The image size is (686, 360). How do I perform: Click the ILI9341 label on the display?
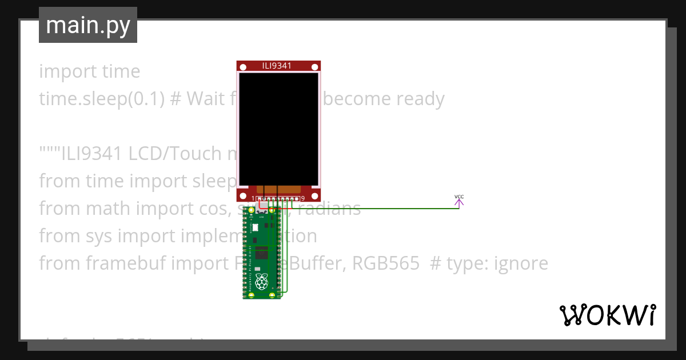pyautogui.click(x=277, y=66)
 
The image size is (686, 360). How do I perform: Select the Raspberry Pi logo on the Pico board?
pyautogui.click(x=262, y=281)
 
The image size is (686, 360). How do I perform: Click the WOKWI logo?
pyautogui.click(x=607, y=315)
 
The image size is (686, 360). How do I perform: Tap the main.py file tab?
pyautogui.click(x=88, y=25)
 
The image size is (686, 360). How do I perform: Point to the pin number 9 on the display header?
pyautogui.click(x=302, y=199)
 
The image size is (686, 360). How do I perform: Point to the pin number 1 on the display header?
pyautogui.click(x=253, y=199)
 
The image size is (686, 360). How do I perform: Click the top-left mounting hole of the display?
pyautogui.click(x=243, y=67)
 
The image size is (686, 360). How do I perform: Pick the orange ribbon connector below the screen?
pyautogui.click(x=278, y=189)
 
